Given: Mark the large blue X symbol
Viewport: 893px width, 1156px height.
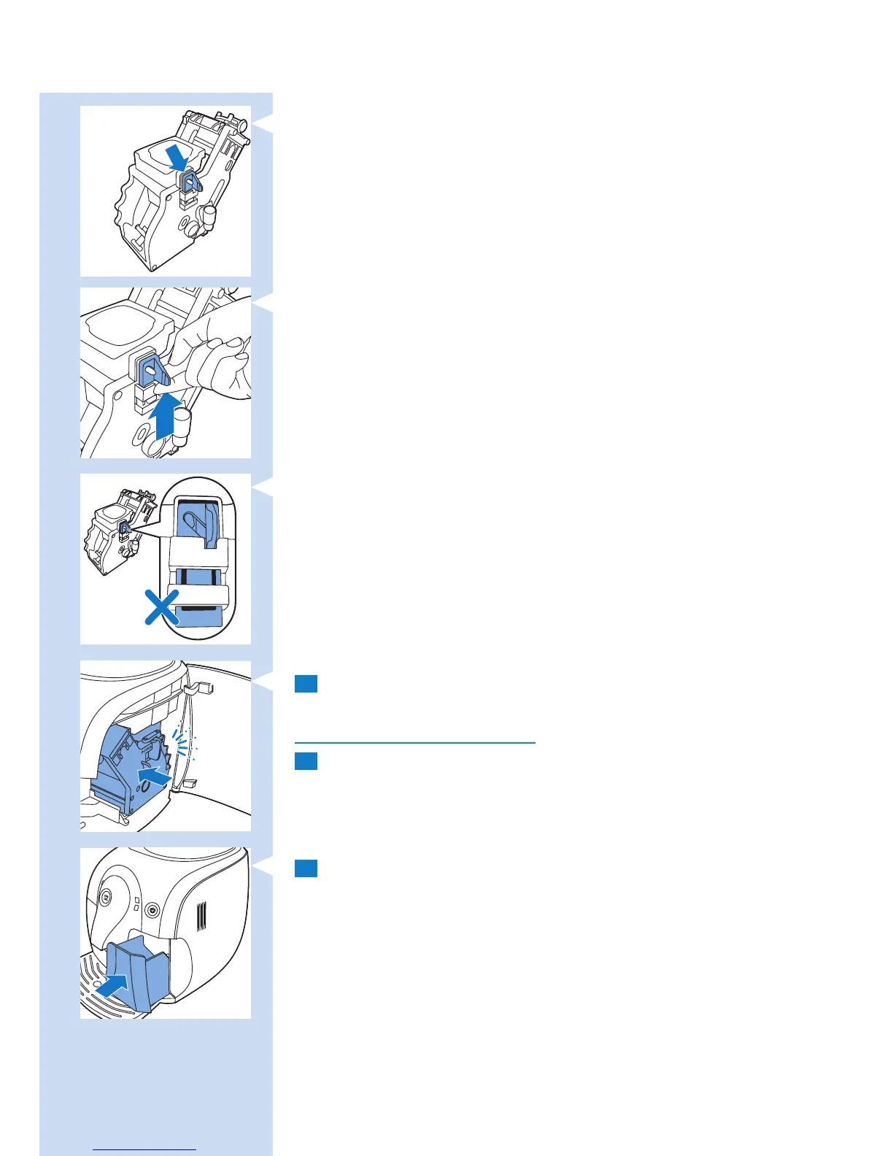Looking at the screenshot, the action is pyautogui.click(x=161, y=608).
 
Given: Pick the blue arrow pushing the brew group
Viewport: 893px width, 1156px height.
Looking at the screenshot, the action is pyautogui.click(x=155, y=775).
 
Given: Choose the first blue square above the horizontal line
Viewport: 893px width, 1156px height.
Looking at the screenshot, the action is pyautogui.click(x=306, y=684).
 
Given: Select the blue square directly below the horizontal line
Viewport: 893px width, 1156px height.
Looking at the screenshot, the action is pyautogui.click(x=306, y=761).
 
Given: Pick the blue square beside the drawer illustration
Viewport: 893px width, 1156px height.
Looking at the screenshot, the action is pyautogui.click(x=306, y=868).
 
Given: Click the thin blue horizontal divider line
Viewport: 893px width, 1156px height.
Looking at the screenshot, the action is pyautogui.click(x=414, y=742).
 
